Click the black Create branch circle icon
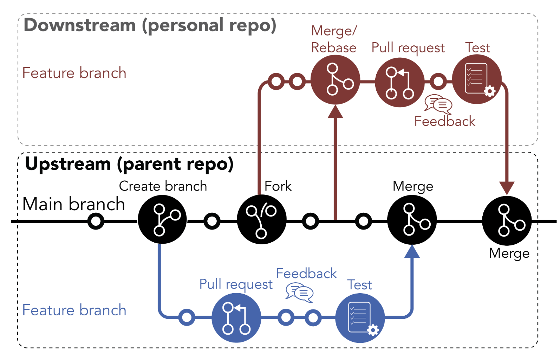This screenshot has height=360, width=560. pyautogui.click(x=162, y=220)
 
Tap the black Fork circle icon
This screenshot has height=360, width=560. pyautogui.click(x=262, y=220)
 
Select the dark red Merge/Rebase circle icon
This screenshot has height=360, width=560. pyautogui.click(x=335, y=80)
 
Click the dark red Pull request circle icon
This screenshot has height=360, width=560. pyautogui.click(x=399, y=82)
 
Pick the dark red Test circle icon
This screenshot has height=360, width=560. pyautogui.click(x=476, y=79)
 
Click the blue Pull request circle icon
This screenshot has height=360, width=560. pyautogui.click(x=236, y=318)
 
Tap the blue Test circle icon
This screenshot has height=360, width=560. pyautogui.click(x=360, y=318)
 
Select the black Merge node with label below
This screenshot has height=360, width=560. pyautogui.click(x=507, y=221)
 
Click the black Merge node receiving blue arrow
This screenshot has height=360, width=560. pyautogui.click(x=412, y=220)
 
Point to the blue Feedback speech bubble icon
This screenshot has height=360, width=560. pyautogui.click(x=299, y=292)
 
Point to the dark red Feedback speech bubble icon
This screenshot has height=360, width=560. pyautogui.click(x=438, y=104)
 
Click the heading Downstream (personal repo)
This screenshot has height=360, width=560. pyautogui.click(x=150, y=26)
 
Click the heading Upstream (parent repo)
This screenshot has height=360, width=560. pyautogui.click(x=129, y=164)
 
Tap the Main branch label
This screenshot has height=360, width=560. pyautogui.click(x=73, y=204)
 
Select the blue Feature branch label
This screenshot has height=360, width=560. pyautogui.click(x=74, y=310)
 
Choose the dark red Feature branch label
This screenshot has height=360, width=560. pyautogui.click(x=74, y=73)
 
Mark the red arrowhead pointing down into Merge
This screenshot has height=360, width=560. pyautogui.click(x=507, y=188)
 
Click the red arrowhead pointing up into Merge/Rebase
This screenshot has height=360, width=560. pyautogui.click(x=335, y=112)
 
